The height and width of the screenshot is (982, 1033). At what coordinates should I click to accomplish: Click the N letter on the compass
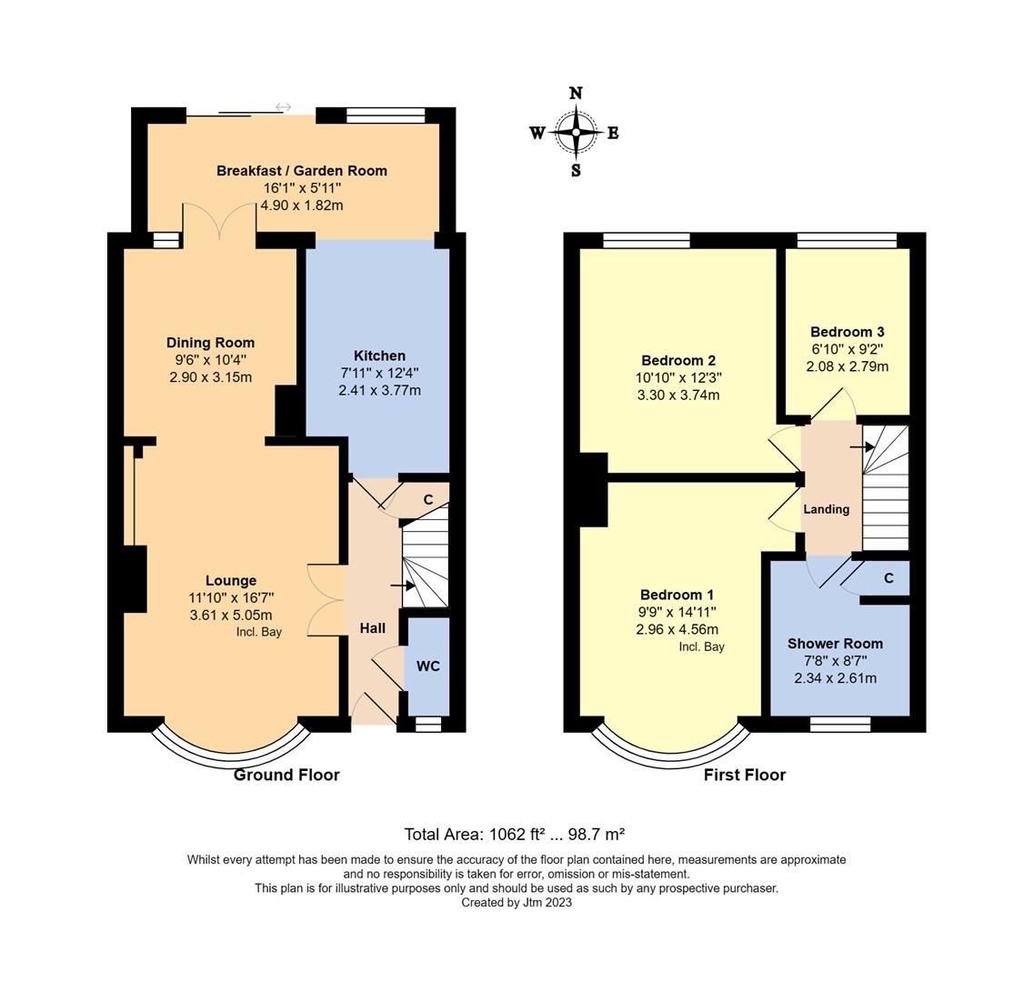576,93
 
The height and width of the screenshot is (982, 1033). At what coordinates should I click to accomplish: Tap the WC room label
428,666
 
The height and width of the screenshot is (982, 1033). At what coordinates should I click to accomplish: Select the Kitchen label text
379,356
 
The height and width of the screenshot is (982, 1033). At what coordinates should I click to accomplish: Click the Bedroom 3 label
847,332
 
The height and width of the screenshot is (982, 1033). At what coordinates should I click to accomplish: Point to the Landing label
826,509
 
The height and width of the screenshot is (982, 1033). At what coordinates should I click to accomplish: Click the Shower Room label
835,644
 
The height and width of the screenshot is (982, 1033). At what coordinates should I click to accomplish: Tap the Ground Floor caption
286,775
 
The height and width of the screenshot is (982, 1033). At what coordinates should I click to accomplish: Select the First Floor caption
744,775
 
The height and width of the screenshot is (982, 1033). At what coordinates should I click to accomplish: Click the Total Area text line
514,834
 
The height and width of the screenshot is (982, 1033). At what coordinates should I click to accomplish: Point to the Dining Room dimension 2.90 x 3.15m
210,377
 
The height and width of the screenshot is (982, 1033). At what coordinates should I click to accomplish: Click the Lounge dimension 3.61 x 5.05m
230,615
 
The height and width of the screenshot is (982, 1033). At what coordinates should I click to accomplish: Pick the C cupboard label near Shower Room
888,578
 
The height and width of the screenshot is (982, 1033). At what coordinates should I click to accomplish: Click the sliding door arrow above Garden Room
284,107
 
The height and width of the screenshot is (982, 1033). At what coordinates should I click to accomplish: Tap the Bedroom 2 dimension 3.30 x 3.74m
677,395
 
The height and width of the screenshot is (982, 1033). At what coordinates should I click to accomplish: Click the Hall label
372,628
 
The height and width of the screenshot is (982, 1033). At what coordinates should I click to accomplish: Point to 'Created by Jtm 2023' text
516,903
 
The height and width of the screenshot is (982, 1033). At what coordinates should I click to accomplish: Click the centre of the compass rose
576,133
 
